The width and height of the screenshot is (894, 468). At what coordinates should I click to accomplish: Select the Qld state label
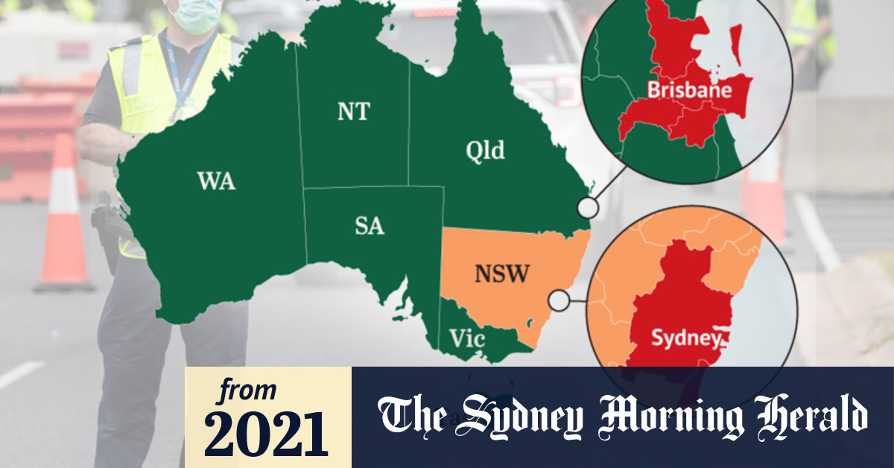(485, 151)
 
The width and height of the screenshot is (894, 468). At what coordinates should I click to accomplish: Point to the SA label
(369, 225)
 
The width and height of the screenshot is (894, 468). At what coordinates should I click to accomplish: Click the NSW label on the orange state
(501, 274)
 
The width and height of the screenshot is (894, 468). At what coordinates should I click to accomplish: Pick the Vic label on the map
(467, 340)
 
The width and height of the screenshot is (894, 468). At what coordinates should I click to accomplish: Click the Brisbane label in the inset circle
(689, 91)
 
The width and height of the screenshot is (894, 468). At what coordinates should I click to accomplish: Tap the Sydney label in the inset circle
(685, 338)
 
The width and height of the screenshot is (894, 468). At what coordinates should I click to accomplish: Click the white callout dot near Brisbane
(589, 208)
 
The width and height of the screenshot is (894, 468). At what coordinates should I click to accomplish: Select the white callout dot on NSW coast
(558, 301)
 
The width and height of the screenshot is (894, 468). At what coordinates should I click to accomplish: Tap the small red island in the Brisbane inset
(736, 45)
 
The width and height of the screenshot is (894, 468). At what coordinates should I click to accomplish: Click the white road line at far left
(19, 375)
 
